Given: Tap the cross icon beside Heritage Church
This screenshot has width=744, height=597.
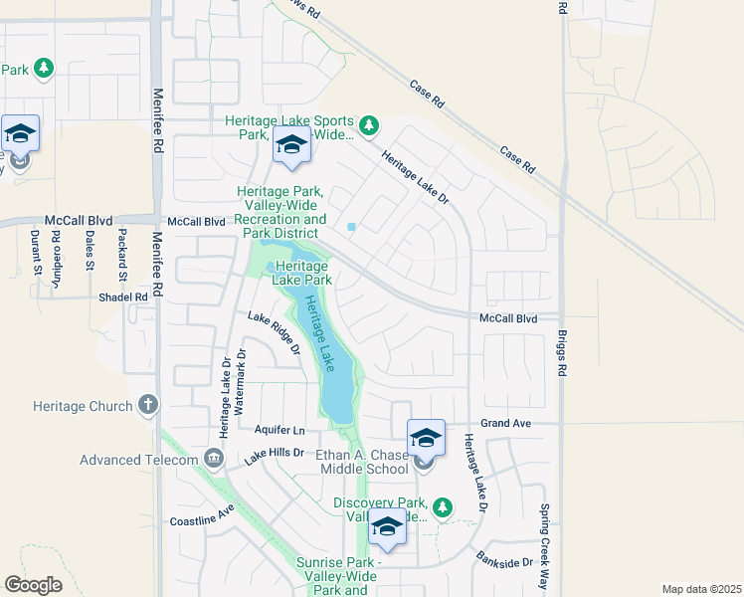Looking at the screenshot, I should pyautogui.click(x=148, y=404).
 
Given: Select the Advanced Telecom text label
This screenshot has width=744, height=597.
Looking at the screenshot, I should pyautogui.click(x=139, y=459).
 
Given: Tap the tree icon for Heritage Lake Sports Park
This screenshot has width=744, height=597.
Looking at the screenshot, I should pyautogui.click(x=369, y=124).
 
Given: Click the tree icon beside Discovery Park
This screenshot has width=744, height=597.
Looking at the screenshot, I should pyautogui.click(x=444, y=507).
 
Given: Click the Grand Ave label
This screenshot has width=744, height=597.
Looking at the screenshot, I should pyautogui.click(x=508, y=423).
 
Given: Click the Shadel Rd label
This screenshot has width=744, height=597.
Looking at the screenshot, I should pyautogui.click(x=122, y=297).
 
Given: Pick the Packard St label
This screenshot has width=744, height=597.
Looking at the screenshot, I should pyautogui.click(x=122, y=255).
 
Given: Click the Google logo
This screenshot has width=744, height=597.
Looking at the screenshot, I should pyautogui.click(x=33, y=585).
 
